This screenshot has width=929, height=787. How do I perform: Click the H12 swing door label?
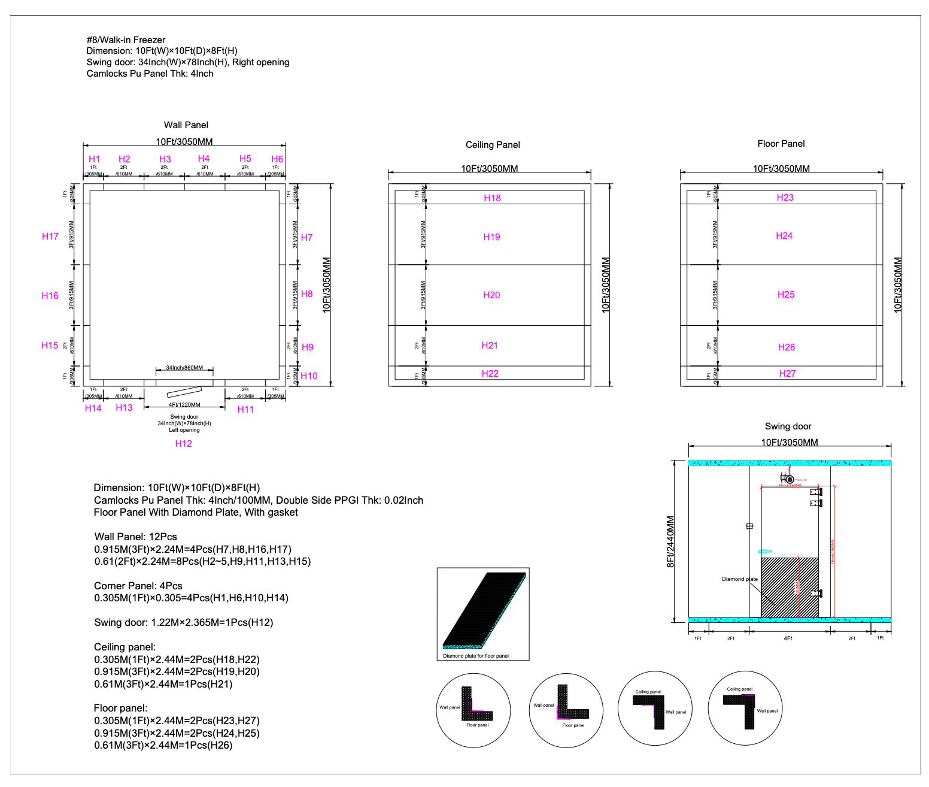(183, 444)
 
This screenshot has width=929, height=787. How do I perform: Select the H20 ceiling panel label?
(491, 295)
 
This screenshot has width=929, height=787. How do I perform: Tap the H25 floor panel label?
(786, 295)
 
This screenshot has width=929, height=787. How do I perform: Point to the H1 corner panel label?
(95, 159)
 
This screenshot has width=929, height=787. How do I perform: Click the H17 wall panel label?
(50, 237)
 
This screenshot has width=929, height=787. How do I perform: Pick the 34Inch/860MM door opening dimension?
(184, 368)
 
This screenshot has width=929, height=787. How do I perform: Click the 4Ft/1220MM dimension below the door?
(184, 405)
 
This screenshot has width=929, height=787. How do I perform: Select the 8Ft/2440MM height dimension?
(670, 541)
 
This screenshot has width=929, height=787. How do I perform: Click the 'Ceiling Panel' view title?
(493, 145)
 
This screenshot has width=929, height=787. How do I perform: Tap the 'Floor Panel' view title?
(781, 144)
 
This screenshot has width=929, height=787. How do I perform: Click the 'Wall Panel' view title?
(186, 125)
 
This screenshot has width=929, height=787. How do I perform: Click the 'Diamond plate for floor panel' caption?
(476, 656)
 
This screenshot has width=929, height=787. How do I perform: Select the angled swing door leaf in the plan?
(184, 392)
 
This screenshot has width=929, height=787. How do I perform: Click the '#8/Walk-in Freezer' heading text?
(126, 40)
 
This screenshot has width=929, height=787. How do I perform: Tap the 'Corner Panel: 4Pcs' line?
(138, 586)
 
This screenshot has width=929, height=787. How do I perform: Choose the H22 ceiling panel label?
(490, 374)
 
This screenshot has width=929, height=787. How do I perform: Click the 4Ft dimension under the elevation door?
(788, 638)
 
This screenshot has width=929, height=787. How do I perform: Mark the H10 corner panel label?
(309, 376)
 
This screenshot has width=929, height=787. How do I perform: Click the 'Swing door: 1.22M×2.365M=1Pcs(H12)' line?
(184, 622)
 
